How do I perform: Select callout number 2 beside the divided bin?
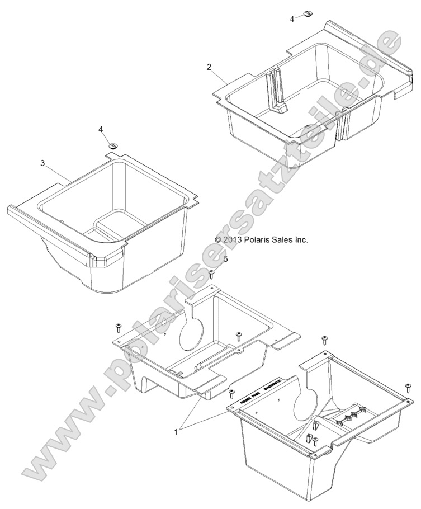tap(209, 67)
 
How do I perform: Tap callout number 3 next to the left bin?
tap(42, 163)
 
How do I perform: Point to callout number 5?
tap(225, 259)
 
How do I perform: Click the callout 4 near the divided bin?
tap(292, 19)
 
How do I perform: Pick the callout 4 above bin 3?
tap(101, 129)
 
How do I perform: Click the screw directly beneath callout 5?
tap(212, 273)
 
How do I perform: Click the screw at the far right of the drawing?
tap(408, 387)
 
